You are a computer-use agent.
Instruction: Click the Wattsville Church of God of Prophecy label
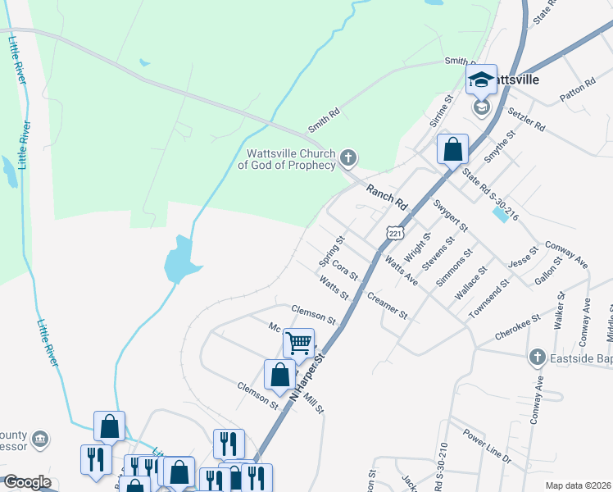(x=287, y=159)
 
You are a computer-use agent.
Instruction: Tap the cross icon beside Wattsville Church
(x=347, y=157)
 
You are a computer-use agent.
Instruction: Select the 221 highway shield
(x=395, y=234)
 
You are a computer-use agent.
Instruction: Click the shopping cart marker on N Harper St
(x=299, y=342)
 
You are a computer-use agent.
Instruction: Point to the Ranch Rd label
(x=387, y=196)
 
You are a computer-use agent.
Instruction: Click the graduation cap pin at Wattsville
(x=481, y=80)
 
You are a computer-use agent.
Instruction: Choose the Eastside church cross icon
(x=537, y=357)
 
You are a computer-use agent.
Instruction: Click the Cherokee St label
(x=517, y=326)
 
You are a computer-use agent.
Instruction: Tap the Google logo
(x=27, y=482)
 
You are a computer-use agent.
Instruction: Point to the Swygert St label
(x=451, y=215)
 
